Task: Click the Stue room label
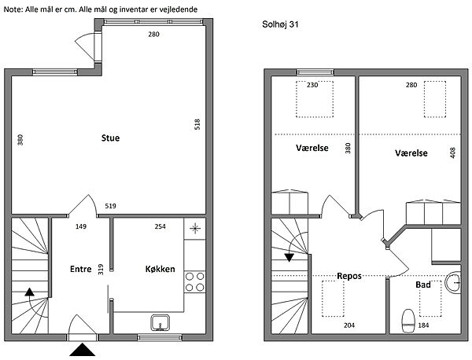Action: tap(110, 138)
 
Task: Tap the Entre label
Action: tap(81, 269)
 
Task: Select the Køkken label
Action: tap(160, 269)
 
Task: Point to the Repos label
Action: tap(349, 276)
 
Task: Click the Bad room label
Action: tap(423, 285)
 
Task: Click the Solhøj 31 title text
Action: tap(280, 24)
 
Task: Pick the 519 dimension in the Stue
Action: tap(110, 206)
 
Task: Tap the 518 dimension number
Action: tap(197, 124)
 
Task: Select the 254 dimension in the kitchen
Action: tap(160, 226)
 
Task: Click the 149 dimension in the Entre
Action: tap(81, 226)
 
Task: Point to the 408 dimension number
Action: tap(452, 152)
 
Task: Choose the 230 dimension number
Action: tap(312, 85)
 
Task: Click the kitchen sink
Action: tap(160, 323)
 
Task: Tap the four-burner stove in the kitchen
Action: tap(194, 281)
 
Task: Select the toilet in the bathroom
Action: tap(408, 321)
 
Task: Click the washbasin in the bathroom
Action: tap(453, 283)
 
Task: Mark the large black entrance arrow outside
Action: tap(83, 350)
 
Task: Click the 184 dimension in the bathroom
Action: tap(423, 325)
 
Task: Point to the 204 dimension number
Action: tap(349, 325)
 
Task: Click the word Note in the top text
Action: tap(12, 9)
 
